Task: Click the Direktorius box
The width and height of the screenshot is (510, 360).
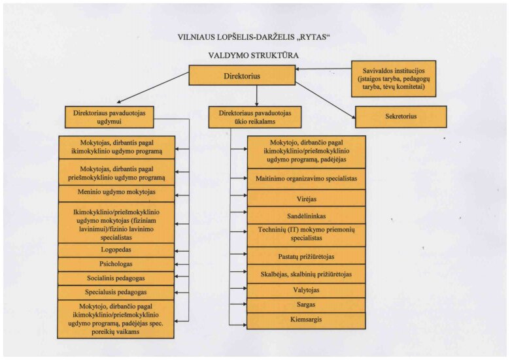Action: pyautogui.click(x=242, y=75)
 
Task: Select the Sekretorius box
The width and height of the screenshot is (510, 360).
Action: pyautogui.click(x=401, y=116)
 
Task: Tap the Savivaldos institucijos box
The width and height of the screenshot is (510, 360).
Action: pyautogui.click(x=394, y=78)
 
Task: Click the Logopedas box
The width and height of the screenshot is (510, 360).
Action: pyautogui.click(x=116, y=250)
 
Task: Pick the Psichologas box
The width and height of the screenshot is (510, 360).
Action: pyautogui.click(x=116, y=265)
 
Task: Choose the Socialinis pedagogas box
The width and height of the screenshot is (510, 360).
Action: pyautogui.click(x=116, y=278)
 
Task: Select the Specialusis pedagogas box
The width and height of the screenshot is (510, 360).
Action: pyautogui.click(x=116, y=293)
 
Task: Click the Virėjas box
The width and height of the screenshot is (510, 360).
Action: pyautogui.click(x=307, y=198)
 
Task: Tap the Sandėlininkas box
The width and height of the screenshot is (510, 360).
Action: pyautogui.click(x=307, y=216)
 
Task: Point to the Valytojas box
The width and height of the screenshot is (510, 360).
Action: pyautogui.click(x=307, y=291)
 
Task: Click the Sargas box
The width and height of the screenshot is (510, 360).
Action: pyautogui.click(x=307, y=305)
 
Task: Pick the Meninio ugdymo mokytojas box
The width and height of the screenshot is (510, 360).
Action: pyautogui.click(x=116, y=193)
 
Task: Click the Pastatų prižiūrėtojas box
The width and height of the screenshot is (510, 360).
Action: pyautogui.click(x=307, y=255)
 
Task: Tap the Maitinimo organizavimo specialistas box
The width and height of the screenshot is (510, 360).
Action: pyautogui.click(x=307, y=179)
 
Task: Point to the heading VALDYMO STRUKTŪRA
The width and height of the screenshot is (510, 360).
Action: pyautogui.click(x=254, y=56)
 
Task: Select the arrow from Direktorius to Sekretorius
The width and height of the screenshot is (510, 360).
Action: pyautogui.click(x=325, y=100)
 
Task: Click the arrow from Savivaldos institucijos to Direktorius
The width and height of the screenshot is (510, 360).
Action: pyautogui.click(x=323, y=69)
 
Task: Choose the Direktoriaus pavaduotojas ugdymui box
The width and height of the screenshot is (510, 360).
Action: pyautogui.click(x=109, y=117)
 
